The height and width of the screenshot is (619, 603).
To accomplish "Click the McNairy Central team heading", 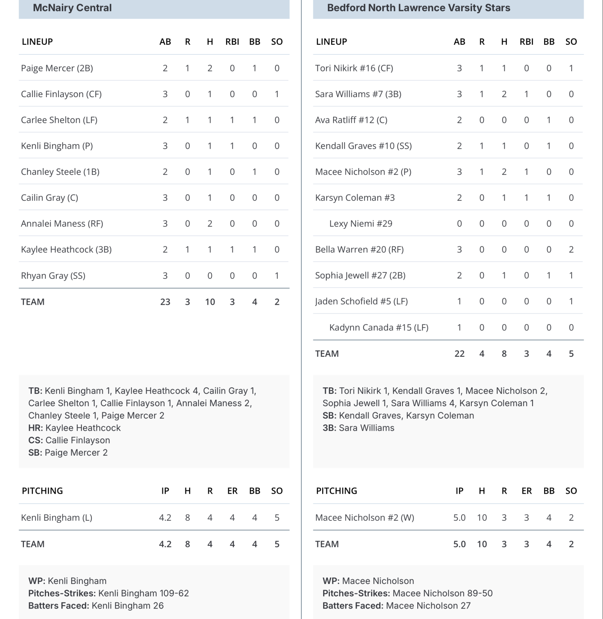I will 72,8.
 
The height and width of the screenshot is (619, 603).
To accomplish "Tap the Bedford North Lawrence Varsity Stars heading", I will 418,8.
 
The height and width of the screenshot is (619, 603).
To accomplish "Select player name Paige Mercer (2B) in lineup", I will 57,68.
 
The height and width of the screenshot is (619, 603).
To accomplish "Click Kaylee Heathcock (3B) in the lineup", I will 66,249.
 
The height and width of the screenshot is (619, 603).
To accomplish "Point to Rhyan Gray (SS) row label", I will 53,276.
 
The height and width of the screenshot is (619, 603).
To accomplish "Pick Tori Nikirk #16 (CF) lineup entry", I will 354,68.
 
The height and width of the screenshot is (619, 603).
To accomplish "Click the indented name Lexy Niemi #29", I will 361,224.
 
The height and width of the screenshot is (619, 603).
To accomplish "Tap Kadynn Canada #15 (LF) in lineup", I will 379,327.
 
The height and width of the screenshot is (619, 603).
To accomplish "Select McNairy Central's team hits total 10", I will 210,302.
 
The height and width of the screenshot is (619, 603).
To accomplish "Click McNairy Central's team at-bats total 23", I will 165,302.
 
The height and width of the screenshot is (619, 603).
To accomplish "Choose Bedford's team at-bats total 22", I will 459,353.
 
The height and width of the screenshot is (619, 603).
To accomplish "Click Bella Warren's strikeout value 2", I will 571,249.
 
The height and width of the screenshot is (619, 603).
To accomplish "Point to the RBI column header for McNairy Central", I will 232,42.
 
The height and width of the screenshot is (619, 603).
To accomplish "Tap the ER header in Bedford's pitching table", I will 526,491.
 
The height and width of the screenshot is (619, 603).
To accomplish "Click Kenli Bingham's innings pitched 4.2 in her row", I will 165,517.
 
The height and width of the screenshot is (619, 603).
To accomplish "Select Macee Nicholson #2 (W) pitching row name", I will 364,517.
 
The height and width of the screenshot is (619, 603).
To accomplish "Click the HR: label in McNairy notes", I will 35,428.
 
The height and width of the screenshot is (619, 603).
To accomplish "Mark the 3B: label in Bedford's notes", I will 329,428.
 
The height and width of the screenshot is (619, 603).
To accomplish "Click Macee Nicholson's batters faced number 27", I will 465,606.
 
